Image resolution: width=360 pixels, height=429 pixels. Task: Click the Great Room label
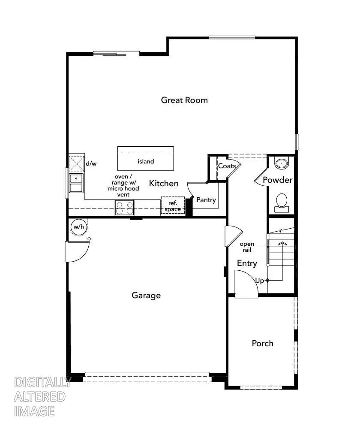(184, 100)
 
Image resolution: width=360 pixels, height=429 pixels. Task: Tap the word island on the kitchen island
(146, 161)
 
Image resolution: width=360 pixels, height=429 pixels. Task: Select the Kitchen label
(164, 183)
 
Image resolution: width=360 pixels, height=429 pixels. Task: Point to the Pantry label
(206, 199)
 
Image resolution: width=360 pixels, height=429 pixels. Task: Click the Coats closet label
(227, 166)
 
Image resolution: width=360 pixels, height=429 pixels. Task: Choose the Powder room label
(278, 180)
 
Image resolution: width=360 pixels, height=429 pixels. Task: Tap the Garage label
(146, 295)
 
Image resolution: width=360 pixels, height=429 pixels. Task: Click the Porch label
(262, 343)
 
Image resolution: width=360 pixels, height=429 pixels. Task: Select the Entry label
(247, 263)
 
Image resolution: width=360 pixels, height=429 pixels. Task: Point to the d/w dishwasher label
(91, 163)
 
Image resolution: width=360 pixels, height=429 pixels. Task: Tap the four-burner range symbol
(124, 208)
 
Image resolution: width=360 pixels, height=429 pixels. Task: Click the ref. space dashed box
(173, 205)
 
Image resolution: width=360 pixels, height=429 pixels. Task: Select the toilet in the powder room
(282, 202)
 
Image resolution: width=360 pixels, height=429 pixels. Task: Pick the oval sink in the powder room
(282, 163)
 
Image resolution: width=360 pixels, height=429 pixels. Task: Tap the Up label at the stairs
(260, 281)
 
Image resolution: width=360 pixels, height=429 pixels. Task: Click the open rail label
(247, 247)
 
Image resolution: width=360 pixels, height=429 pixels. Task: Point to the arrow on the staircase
(282, 243)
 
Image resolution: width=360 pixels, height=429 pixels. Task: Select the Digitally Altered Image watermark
(41, 396)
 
